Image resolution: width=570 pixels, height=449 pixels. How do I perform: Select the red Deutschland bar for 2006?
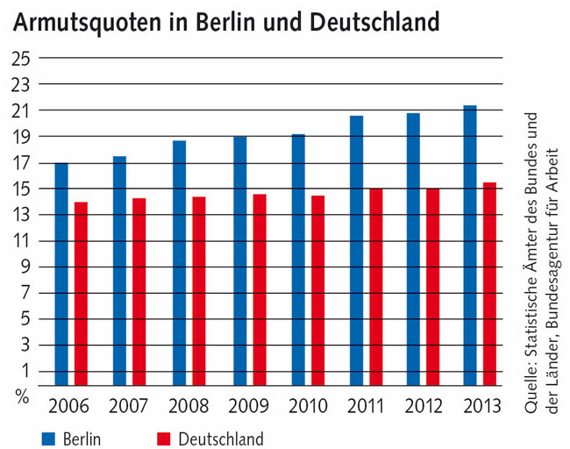point(81,294)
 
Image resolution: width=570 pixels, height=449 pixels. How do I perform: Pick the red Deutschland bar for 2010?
point(317,290)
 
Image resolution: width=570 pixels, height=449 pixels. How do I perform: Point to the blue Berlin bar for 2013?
point(470,246)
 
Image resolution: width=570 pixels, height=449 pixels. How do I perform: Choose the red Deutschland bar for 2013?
point(489,284)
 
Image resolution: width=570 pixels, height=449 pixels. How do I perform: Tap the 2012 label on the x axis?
point(423,407)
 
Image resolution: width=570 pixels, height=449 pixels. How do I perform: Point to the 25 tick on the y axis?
point(20,59)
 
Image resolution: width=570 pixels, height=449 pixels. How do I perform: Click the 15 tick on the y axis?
point(20,189)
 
